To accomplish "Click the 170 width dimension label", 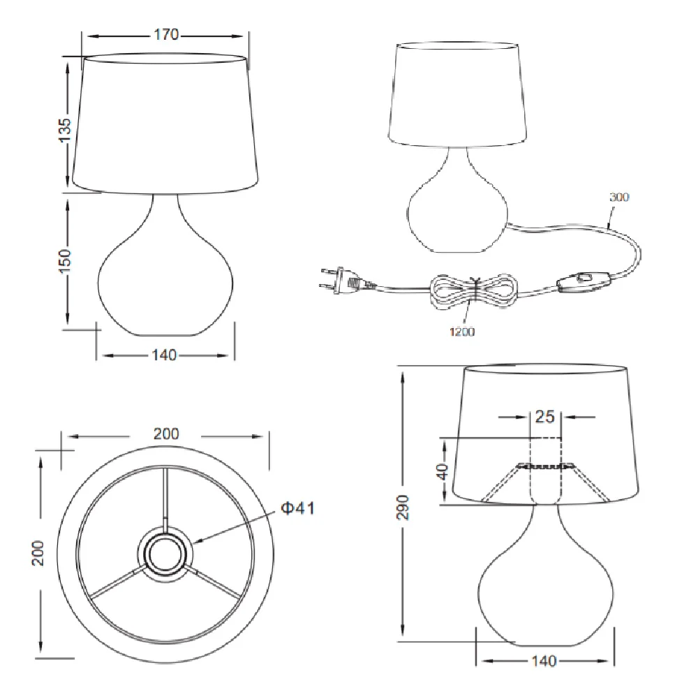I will (x=166, y=35).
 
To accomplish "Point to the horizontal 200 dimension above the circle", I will (x=165, y=433).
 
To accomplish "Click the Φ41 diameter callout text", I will (x=297, y=508).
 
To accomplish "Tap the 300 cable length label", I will (x=618, y=197).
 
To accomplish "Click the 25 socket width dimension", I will (x=544, y=417).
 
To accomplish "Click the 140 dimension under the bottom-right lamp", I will (x=544, y=660).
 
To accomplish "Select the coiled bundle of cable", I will (x=473, y=289).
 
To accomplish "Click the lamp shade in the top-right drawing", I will (x=457, y=94).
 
